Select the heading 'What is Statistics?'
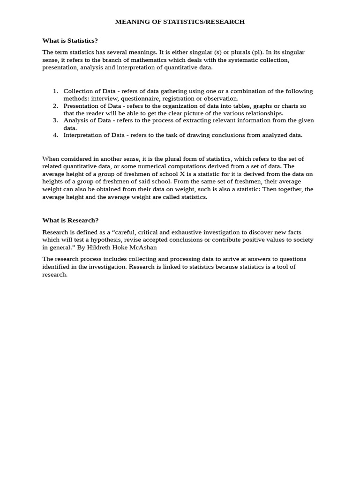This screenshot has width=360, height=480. coord(70,41)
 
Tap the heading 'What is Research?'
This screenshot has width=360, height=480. coord(70,220)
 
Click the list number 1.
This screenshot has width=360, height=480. coord(55,91)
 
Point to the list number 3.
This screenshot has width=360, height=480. coord(55,120)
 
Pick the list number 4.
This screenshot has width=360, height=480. coord(55,135)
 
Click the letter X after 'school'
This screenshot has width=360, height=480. coord(182,174)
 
